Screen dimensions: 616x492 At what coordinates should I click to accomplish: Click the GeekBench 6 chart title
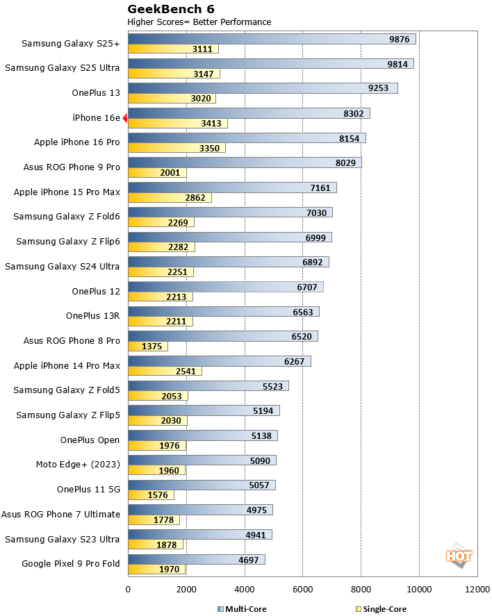(x=171, y=9)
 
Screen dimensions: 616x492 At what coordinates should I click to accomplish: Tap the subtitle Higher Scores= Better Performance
(x=199, y=22)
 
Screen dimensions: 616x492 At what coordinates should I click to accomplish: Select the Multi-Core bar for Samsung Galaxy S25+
(x=271, y=39)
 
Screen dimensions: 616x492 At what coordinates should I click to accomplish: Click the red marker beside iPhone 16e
(x=125, y=118)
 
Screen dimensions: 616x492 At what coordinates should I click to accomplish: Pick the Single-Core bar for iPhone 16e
(x=178, y=124)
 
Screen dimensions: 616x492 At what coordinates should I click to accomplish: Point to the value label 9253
(x=381, y=88)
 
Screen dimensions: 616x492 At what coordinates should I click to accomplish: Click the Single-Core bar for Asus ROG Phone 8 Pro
(x=148, y=346)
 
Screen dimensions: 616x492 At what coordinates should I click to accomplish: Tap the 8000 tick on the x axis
(x=361, y=589)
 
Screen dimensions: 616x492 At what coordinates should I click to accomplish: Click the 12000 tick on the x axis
(x=477, y=589)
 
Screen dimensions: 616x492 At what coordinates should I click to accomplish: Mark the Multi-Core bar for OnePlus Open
(x=202, y=435)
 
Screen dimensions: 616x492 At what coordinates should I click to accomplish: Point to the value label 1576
(x=160, y=495)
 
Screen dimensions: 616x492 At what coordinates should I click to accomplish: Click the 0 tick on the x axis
(x=128, y=589)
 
